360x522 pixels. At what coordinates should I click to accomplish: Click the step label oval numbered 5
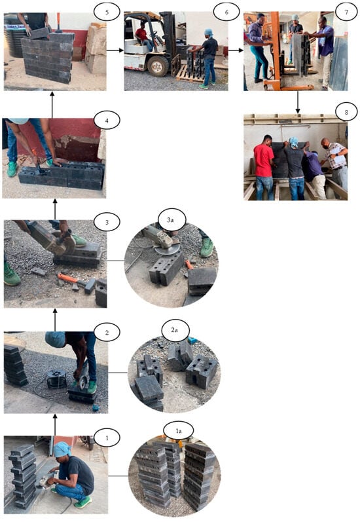click(x=107, y=12)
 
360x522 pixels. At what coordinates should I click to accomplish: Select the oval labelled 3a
click(x=170, y=219)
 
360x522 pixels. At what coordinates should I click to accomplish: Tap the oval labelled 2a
click(x=174, y=330)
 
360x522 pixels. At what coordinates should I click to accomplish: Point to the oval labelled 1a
click(x=178, y=431)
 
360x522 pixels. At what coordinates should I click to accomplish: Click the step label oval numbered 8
click(x=346, y=112)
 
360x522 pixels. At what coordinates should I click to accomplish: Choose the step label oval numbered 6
click(x=226, y=12)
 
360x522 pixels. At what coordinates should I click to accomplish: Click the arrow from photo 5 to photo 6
click(x=115, y=50)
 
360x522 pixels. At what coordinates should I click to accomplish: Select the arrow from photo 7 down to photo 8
click(x=297, y=102)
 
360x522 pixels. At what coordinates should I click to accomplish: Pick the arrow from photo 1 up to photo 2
click(x=55, y=425)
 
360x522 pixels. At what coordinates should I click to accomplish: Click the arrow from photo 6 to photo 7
click(x=236, y=50)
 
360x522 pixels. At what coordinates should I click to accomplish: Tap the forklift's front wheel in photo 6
click(x=158, y=66)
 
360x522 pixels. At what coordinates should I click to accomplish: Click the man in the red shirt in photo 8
click(x=264, y=167)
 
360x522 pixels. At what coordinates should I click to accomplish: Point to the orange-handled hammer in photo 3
click(x=76, y=283)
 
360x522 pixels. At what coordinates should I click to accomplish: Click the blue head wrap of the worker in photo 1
click(x=62, y=449)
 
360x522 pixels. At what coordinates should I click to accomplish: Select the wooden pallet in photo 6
click(x=190, y=74)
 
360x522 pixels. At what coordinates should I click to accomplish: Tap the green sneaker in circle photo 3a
click(x=206, y=247)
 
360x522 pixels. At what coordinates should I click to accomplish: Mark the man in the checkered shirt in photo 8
click(x=335, y=163)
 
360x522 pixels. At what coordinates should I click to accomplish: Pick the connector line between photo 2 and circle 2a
click(x=117, y=373)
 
